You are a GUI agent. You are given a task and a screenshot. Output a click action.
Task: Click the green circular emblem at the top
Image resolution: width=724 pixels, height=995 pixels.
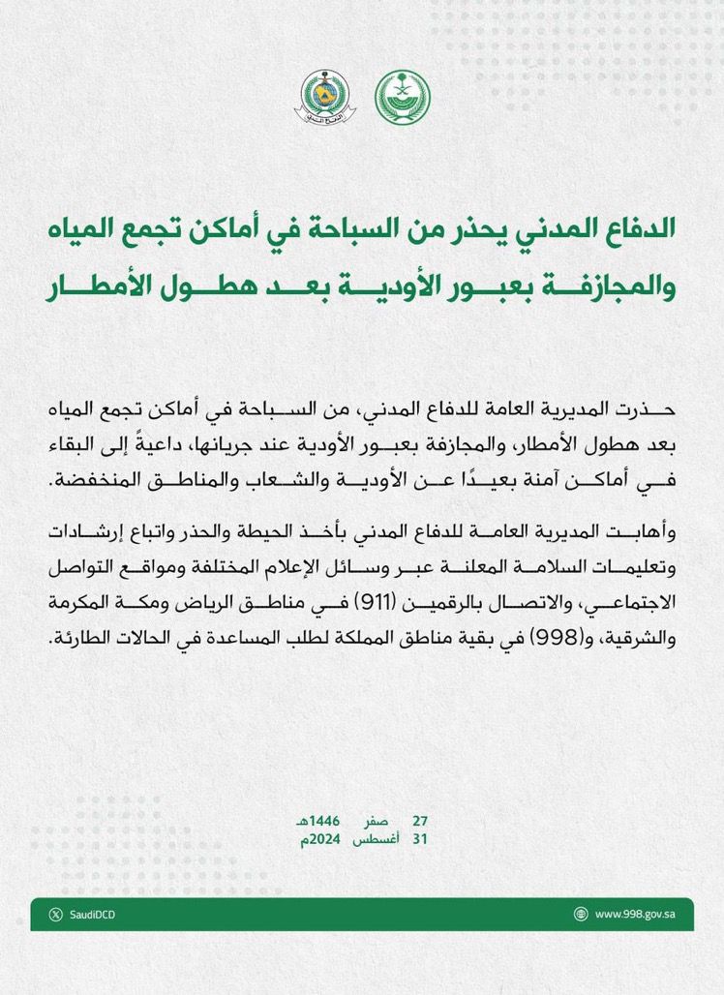[404, 98]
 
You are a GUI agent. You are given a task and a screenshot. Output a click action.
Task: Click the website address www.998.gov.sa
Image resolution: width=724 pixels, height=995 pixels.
[635, 914]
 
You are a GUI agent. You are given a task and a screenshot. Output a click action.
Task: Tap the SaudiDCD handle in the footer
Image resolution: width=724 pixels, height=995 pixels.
[89, 914]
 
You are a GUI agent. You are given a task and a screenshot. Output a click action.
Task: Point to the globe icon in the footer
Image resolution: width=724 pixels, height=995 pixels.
[581, 914]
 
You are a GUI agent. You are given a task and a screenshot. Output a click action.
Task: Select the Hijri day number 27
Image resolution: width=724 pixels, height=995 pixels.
[420, 820]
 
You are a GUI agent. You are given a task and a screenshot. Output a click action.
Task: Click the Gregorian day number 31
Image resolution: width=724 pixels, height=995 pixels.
[419, 839]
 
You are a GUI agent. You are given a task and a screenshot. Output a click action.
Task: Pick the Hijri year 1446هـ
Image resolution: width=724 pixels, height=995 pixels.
[319, 820]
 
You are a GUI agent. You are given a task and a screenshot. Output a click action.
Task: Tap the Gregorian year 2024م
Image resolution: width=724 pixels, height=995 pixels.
[319, 839]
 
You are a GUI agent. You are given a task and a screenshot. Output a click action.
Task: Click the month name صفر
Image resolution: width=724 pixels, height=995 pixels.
[377, 820]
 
